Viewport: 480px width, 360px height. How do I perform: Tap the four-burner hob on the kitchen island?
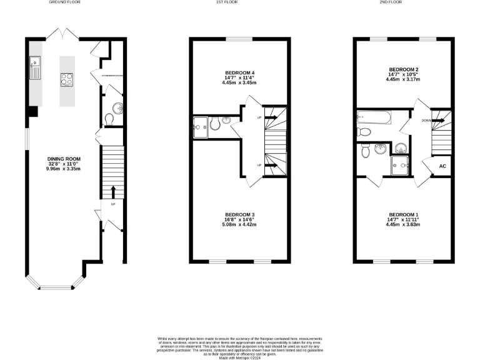pyautogui.click(x=67, y=79)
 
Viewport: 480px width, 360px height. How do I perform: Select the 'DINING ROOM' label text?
pyautogui.click(x=64, y=159)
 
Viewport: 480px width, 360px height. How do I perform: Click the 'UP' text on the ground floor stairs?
pyautogui.click(x=113, y=204)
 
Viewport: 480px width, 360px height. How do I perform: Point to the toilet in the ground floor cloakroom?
pyautogui.click(x=109, y=117)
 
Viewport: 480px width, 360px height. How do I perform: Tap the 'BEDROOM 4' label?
pyautogui.click(x=240, y=73)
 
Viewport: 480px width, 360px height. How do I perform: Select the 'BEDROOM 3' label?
pyautogui.click(x=240, y=214)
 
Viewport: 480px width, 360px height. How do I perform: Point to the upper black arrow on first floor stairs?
pyautogui.click(x=272, y=116)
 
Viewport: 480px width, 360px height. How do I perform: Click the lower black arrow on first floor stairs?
pyautogui.click(x=272, y=166)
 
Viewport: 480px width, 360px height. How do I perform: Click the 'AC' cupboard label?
pyautogui.click(x=442, y=166)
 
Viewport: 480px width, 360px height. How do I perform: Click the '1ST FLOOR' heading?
pyautogui.click(x=240, y=2)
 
